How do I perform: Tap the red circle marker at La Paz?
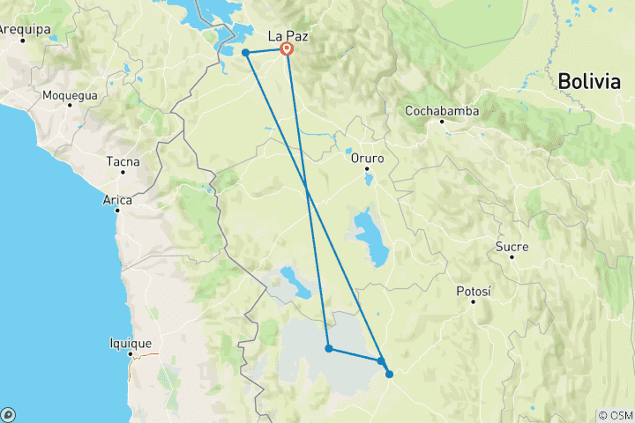point(287,49)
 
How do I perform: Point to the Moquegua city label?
point(70,93)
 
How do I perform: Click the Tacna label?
point(123,161)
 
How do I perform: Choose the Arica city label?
point(117,200)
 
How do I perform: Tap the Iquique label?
point(131,344)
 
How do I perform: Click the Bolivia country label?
point(589,81)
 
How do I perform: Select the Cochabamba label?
point(442,111)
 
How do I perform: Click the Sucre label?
point(512,247)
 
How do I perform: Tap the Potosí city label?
point(473,291)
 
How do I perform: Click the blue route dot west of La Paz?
point(245,53)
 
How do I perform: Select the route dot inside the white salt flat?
point(329,349)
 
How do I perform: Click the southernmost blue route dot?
point(389,374)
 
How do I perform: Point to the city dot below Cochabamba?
point(443,122)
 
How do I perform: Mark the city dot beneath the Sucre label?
point(512,256)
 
